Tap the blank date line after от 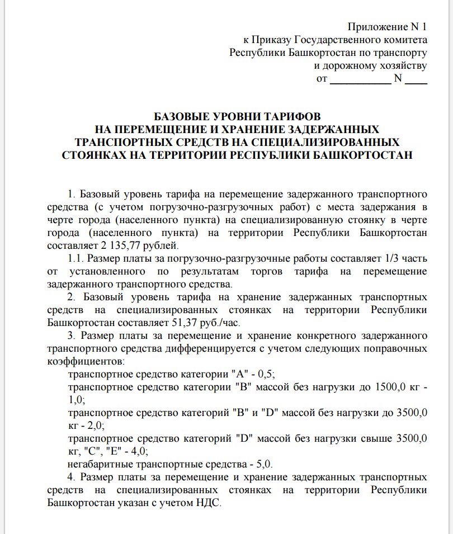[361, 79]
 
